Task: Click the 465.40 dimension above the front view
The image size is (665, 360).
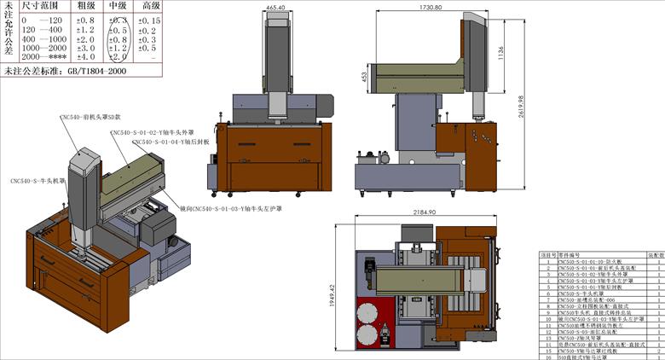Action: tap(275, 8)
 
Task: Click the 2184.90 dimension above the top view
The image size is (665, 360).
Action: tap(425, 212)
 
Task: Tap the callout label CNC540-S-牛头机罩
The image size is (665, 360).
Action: tap(38, 181)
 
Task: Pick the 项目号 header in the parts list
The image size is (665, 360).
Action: tap(546, 254)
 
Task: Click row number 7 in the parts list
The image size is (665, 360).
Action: tap(546, 300)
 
